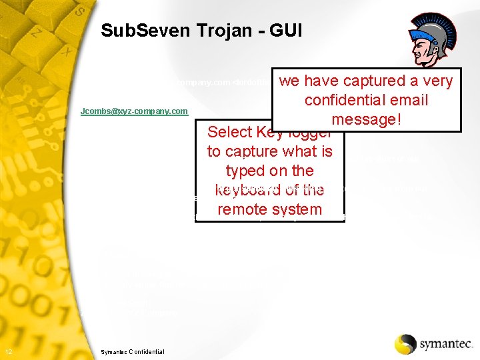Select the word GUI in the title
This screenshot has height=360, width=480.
[x=286, y=31]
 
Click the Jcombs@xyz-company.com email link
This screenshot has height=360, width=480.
[x=134, y=111]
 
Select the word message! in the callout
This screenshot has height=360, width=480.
[x=366, y=119]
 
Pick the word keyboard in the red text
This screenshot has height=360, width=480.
[x=244, y=190]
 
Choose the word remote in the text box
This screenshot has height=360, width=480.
[x=243, y=209]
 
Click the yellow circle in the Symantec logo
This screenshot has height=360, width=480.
[x=405, y=344]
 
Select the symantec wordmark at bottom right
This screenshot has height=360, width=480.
[x=447, y=345]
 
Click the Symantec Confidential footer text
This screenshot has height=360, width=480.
[x=132, y=352]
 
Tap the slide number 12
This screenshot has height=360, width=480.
[x=7, y=352]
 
